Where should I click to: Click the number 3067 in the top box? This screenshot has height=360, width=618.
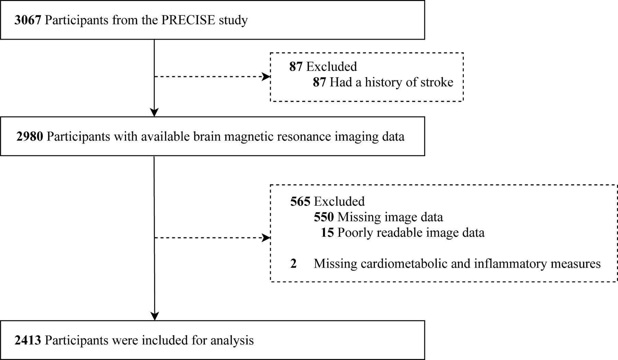coord(28,20)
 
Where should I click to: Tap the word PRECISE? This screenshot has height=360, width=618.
coord(184,20)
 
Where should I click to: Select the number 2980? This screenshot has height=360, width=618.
coord(30,137)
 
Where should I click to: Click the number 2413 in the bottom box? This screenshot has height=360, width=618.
coord(28,340)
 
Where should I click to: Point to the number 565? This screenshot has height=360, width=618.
coord(300,201)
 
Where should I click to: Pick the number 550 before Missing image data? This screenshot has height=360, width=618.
coord(324,217)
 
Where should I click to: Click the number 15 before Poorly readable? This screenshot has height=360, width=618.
coord(327,233)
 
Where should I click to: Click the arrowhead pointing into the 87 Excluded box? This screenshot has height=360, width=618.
coord(266,77)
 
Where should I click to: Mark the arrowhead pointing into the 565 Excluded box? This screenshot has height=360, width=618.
coord(266,237)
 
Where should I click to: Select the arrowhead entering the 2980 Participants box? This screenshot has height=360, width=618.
coord(154,112)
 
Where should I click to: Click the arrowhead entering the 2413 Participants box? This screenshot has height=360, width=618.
coord(155,316)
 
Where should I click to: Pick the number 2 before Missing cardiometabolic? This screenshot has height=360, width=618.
coord(293,264)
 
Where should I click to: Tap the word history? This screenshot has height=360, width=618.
coord(380,82)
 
